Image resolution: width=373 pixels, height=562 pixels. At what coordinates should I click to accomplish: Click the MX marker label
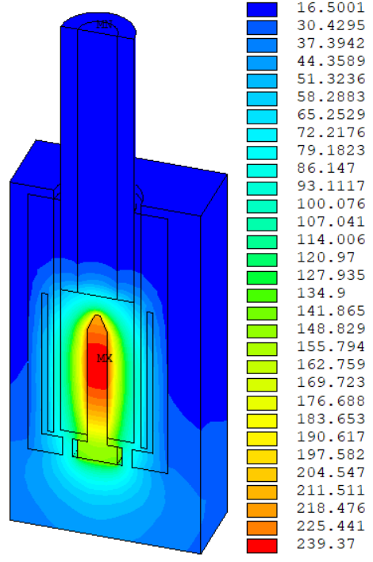(x=105, y=358)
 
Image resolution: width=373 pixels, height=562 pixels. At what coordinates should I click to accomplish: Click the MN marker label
(x=104, y=25)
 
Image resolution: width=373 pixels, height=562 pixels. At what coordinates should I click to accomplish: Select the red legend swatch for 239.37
(x=262, y=546)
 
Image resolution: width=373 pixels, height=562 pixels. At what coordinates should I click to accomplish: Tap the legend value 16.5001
(x=331, y=8)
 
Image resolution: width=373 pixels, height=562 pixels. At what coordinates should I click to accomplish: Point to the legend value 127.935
(x=331, y=276)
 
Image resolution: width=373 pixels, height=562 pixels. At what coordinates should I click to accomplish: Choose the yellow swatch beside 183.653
(x=262, y=421)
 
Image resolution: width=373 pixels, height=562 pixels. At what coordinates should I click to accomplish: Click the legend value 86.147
(x=326, y=169)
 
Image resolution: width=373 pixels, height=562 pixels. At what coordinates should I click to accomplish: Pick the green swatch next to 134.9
(x=262, y=296)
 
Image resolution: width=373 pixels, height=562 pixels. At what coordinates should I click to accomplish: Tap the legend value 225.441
(x=331, y=526)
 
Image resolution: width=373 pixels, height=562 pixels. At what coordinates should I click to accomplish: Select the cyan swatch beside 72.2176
(x=262, y=135)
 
